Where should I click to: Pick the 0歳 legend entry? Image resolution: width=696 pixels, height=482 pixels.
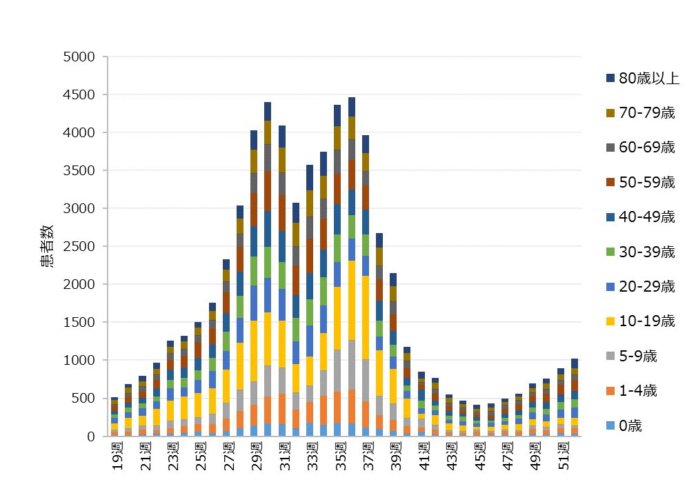click(630, 425)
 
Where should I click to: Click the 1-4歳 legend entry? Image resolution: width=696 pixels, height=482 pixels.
click(637, 391)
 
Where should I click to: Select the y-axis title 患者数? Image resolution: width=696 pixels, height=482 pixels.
click(46, 246)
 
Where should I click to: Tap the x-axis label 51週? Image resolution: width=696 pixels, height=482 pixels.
click(562, 456)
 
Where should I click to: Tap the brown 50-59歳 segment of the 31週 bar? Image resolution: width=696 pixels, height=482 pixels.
click(282, 213)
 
